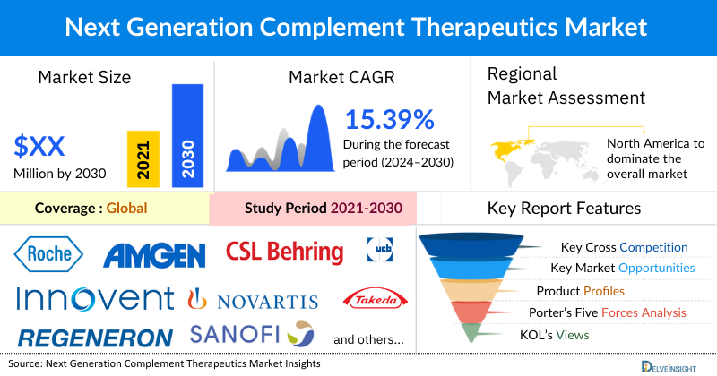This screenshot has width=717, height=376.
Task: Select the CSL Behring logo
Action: pos(284,252)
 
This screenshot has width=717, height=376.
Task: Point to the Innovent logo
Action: pos(94,298)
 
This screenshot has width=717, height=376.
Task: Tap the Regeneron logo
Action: pos(95,338)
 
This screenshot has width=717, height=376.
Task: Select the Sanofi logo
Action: pos(252,335)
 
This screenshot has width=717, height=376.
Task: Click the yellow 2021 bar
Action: pos(143,158)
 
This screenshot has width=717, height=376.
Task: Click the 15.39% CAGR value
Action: pos(389,119)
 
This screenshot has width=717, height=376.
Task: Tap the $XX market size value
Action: pos(39,146)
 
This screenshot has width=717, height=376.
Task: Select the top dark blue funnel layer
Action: pos(471,244)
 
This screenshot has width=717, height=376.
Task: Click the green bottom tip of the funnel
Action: pos(471,333)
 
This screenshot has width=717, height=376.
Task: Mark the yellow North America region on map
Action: pos(507,144)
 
